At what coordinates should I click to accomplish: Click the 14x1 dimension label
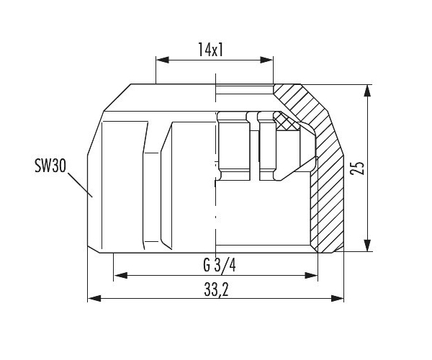pyautogui.click(x=210, y=50)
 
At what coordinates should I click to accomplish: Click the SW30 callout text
pyautogui.click(x=50, y=166)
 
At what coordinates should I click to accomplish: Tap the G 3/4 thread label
pyautogui.click(x=220, y=265)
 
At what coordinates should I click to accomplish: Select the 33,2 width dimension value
pyautogui.click(x=216, y=289)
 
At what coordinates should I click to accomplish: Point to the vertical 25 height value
pyautogui.click(x=357, y=168)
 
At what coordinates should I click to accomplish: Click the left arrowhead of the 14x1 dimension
pyautogui.click(x=163, y=60)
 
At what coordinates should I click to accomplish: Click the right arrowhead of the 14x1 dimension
pyautogui.click(x=266, y=60)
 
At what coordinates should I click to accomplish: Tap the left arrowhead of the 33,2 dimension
pyautogui.click(x=94, y=298)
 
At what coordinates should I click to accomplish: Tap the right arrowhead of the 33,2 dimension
pyautogui.click(x=337, y=298)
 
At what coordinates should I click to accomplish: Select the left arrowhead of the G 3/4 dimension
pyautogui.click(x=120, y=275)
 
